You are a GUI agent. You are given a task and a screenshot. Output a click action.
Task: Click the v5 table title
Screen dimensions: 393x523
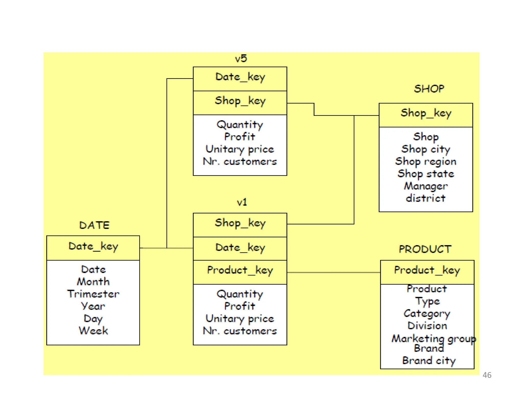coord(241,59)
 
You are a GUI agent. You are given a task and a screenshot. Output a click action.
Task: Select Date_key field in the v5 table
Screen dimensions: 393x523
coord(240,77)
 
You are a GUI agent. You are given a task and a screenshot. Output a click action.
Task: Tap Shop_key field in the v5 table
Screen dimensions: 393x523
coord(240,101)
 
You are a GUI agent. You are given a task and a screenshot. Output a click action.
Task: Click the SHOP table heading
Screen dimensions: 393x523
coord(429,89)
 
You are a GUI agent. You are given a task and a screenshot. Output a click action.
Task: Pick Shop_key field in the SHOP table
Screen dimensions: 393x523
coord(426,113)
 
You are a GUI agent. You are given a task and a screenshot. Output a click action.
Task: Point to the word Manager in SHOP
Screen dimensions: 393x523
coord(426,186)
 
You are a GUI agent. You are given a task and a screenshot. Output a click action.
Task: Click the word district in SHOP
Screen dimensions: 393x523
coord(426,198)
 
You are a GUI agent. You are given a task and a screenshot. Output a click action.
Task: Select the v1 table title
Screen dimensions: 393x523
coord(242,202)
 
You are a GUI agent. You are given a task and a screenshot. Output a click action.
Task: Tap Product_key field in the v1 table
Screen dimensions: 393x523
coord(240,270)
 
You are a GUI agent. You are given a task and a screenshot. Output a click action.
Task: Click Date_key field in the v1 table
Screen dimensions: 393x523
coord(240,248)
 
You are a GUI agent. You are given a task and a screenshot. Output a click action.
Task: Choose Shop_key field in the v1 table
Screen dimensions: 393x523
coord(240,223)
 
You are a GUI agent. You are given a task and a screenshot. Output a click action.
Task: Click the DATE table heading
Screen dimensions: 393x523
coord(94,225)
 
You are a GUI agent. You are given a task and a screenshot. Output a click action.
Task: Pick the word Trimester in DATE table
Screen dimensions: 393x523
coord(93,294)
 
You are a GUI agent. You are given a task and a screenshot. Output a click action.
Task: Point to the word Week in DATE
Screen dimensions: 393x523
coord(93,331)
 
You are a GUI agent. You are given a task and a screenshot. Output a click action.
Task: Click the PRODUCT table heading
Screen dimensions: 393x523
coord(425,249)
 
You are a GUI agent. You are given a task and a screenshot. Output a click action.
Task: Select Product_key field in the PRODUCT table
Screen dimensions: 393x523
coord(427,270)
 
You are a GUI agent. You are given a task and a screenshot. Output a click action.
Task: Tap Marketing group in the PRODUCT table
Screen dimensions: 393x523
coord(434,339)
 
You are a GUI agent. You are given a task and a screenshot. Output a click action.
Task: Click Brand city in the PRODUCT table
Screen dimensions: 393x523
coord(429,361)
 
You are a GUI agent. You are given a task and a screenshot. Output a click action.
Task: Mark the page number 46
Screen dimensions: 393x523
coord(487,375)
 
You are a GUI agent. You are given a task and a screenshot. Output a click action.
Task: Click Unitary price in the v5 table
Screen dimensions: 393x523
coord(240,149)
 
